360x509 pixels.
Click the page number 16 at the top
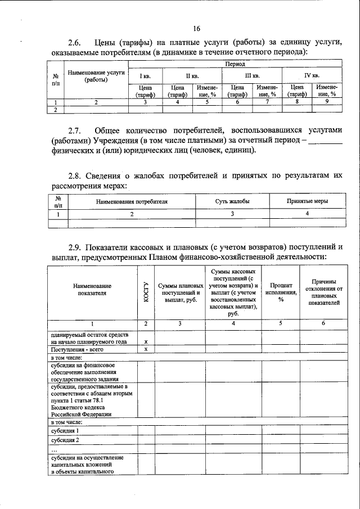pos(196,29)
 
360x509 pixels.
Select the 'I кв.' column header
pos(145,75)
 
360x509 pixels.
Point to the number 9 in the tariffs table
pos(326,102)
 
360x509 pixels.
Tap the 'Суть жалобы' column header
pos(232,201)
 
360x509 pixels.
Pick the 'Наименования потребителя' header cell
pos(132,201)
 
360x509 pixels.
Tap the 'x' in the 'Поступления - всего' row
pos(146,349)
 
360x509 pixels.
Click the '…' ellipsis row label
pos(54,450)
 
